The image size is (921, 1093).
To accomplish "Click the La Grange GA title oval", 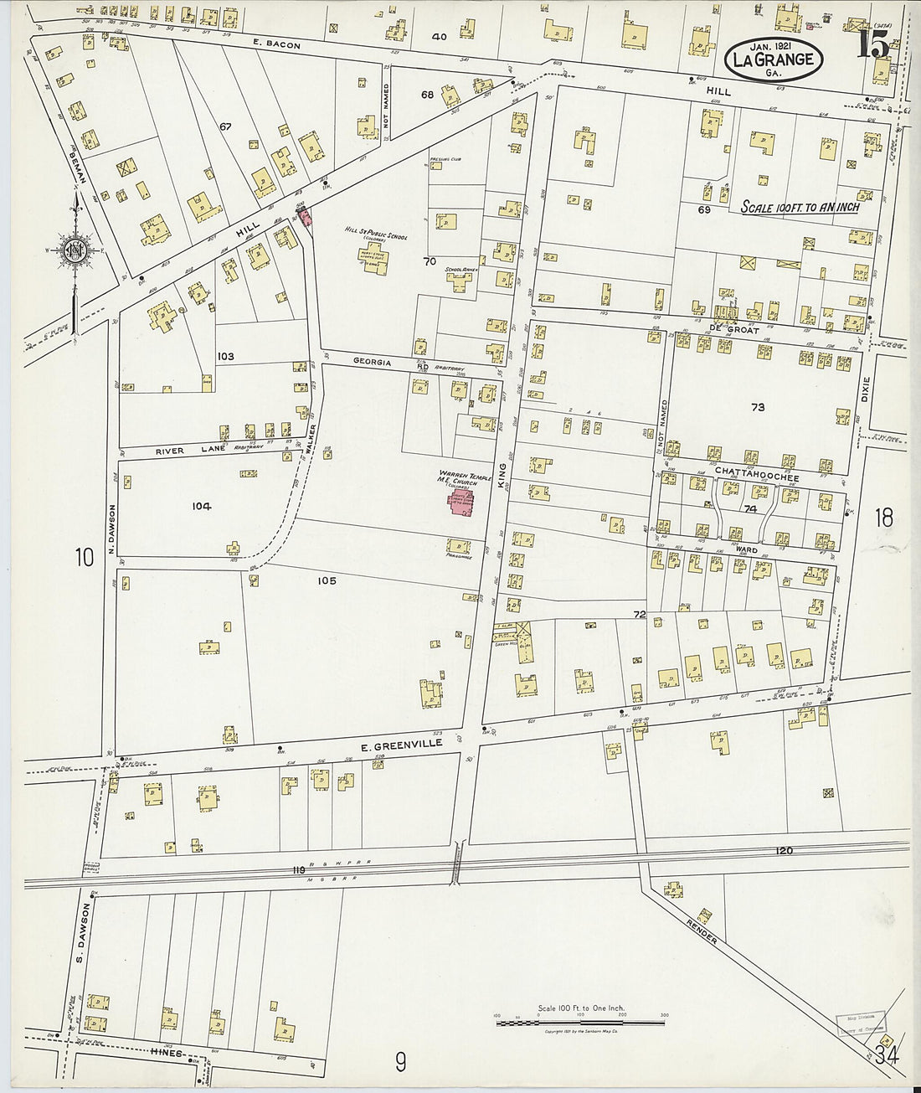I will click(774, 59).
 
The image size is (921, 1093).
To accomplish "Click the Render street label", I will click(701, 928).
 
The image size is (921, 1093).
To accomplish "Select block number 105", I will click(327, 580).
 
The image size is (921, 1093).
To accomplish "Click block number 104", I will click(201, 506).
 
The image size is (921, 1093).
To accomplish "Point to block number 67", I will click(224, 126).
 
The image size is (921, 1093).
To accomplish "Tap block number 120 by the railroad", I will click(784, 851).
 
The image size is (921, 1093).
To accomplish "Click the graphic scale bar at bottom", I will click(580, 1023).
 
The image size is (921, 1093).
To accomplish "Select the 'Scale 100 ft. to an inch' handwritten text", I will click(800, 207).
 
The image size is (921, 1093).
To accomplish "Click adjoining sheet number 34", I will click(886, 1055).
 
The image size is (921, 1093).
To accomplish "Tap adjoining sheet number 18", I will click(883, 518).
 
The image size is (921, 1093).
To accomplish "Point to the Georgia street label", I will click(373, 362).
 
